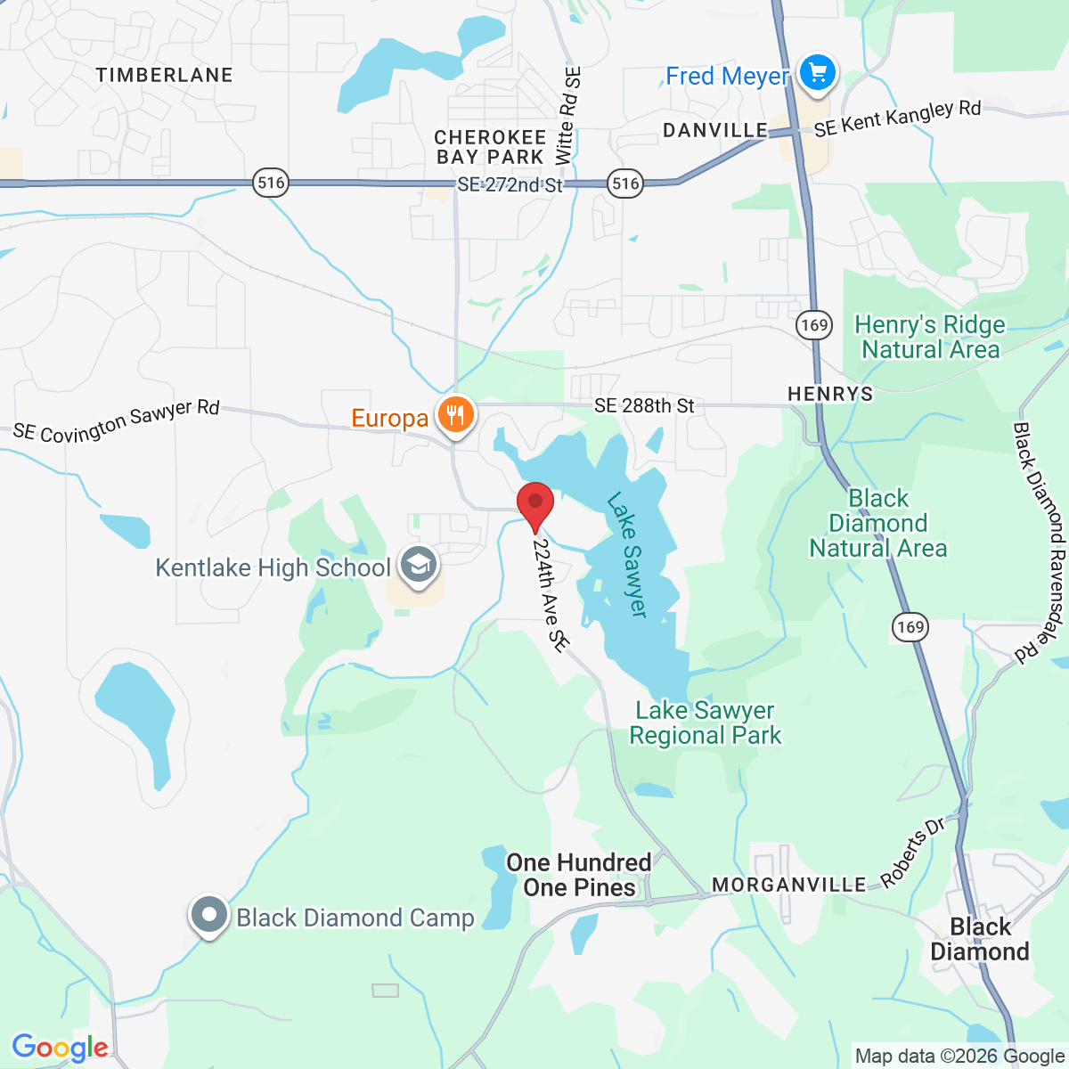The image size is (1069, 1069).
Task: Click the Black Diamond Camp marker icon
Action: point(209,916)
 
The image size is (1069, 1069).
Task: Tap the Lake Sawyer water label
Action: point(627,554)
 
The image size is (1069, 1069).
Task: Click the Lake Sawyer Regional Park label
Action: point(705,722)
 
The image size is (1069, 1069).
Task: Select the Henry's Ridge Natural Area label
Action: point(930,337)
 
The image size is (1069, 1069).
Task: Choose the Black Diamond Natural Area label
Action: point(877,523)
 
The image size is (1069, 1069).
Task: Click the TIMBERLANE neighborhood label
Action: point(164,75)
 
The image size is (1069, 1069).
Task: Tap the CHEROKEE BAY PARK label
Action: point(490,147)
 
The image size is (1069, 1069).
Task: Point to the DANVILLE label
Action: point(715,130)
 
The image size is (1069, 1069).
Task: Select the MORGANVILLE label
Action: point(788,885)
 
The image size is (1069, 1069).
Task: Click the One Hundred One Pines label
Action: point(579,875)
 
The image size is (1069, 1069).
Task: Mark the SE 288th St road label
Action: point(644,406)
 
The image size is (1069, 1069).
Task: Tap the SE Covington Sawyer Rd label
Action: point(116,421)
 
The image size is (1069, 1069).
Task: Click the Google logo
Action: point(60,1048)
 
